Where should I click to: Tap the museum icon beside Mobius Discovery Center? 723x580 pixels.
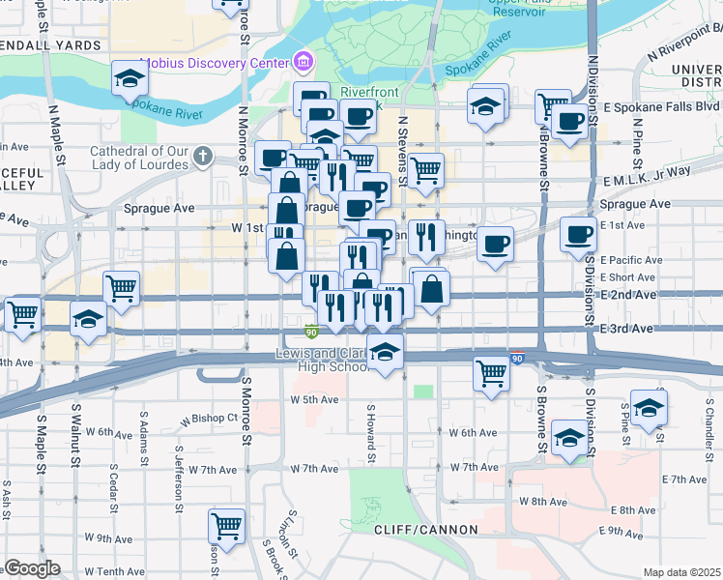pyautogui.click(x=304, y=63)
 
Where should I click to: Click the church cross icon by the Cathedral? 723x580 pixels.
pyautogui.click(x=203, y=156)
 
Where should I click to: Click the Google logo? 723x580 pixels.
pyautogui.click(x=32, y=568)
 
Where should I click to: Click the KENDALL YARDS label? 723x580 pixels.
pyautogui.click(x=48, y=45)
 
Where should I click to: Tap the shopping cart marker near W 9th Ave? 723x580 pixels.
pyautogui.click(x=226, y=527)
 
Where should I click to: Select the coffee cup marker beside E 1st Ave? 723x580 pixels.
pyautogui.click(x=578, y=234)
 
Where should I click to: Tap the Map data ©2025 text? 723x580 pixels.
pyautogui.click(x=681, y=572)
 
